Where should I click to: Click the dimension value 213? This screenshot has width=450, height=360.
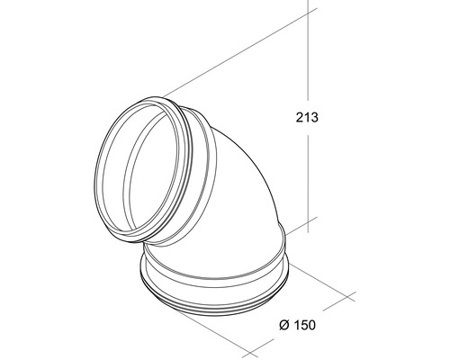307,117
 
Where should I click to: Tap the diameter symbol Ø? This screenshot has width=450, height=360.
284,325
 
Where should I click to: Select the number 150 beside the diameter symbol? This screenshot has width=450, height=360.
304,325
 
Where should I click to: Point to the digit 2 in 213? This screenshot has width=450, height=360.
300,117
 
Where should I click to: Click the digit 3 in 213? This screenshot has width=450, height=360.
314,117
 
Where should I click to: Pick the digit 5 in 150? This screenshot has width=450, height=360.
305,325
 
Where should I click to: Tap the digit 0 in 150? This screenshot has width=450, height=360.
312,325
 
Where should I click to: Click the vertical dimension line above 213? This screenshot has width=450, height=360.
308,49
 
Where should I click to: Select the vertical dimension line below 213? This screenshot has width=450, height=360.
308,184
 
